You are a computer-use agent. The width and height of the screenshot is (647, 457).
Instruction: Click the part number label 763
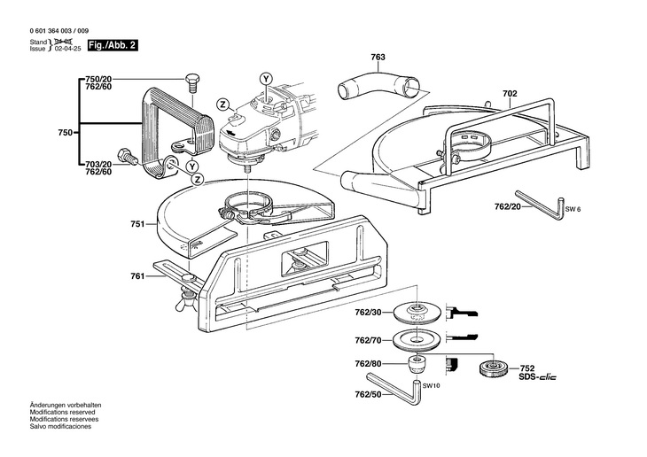tap(378, 58)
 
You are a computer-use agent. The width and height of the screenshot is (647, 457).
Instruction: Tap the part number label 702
tap(510, 92)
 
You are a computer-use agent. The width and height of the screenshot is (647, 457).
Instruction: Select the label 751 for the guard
tap(137, 225)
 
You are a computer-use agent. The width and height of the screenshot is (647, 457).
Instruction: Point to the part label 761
tap(137, 277)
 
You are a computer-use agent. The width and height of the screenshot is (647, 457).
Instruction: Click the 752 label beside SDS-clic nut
tap(526, 368)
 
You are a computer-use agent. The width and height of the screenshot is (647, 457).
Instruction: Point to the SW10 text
tap(432, 386)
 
